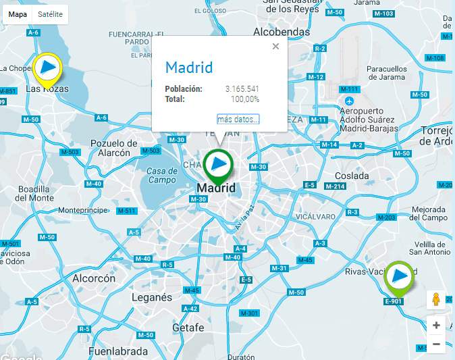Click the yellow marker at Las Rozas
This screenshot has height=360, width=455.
pyautogui.click(x=48, y=68)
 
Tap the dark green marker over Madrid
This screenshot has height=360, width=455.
pyautogui.click(x=218, y=163)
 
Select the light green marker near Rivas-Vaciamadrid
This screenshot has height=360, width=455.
pyautogui.click(x=400, y=276)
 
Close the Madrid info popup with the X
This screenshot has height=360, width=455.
pyautogui.click(x=275, y=47)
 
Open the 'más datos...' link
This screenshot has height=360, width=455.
pyautogui.click(x=238, y=120)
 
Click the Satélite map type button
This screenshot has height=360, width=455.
pyautogui.click(x=51, y=14)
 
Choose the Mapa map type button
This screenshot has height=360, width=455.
pyautogui.click(x=18, y=14)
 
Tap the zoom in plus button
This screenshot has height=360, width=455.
pyautogui.click(x=436, y=325)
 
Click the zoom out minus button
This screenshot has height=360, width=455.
pyautogui.click(x=436, y=344)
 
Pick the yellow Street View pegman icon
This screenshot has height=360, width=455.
pyautogui.click(x=436, y=299)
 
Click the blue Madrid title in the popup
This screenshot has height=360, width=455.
pyautogui.click(x=189, y=68)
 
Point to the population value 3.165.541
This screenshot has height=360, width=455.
pyautogui.click(x=242, y=89)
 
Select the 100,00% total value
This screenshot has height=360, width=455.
pyautogui.click(x=245, y=99)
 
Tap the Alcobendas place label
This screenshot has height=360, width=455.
pyautogui.click(x=282, y=32)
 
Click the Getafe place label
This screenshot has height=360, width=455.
pyautogui.click(x=188, y=328)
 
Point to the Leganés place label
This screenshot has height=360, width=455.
pyautogui.click(x=152, y=297)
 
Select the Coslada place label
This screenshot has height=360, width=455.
pyautogui.click(x=352, y=176)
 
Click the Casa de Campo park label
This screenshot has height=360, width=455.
pyautogui.click(x=162, y=176)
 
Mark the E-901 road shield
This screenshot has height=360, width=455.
pyautogui.click(x=393, y=301)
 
